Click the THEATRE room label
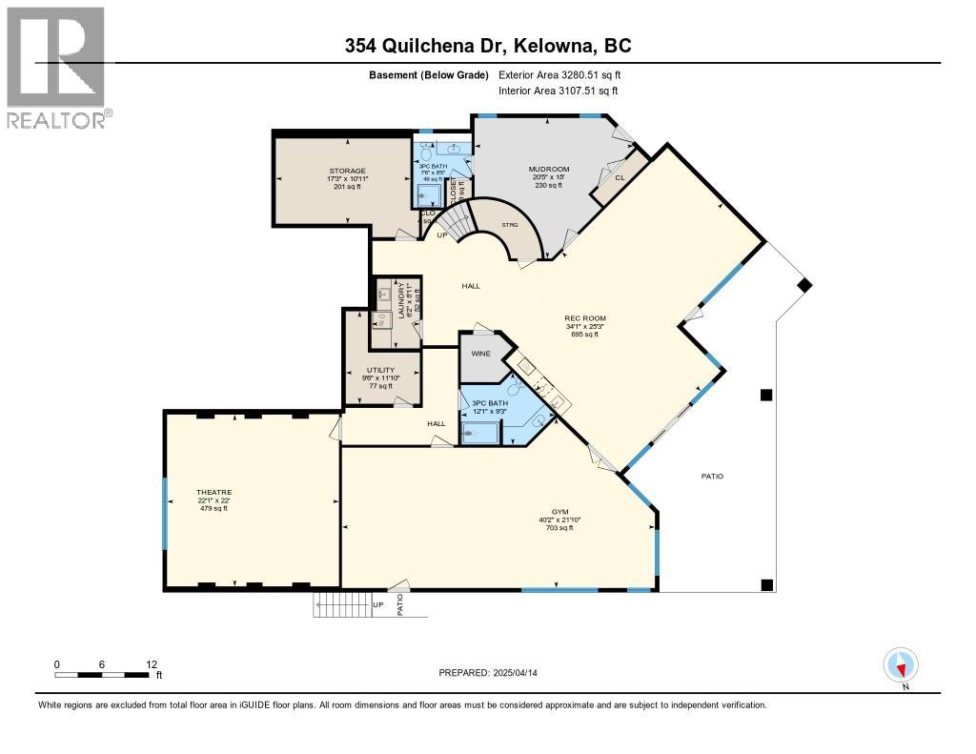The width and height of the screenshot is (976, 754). [215, 492]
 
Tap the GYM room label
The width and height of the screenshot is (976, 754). [559, 512]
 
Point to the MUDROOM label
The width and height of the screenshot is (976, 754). [549, 170]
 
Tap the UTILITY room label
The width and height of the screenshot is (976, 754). [380, 370]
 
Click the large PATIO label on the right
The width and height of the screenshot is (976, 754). [712, 476]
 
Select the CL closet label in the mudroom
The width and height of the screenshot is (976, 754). [620, 177]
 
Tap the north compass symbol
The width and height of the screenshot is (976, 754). [900, 665]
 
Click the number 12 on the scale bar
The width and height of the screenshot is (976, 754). [151, 664]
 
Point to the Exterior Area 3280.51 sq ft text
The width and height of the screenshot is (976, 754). [559, 74]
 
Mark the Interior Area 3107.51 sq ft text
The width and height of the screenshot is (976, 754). [559, 91]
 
